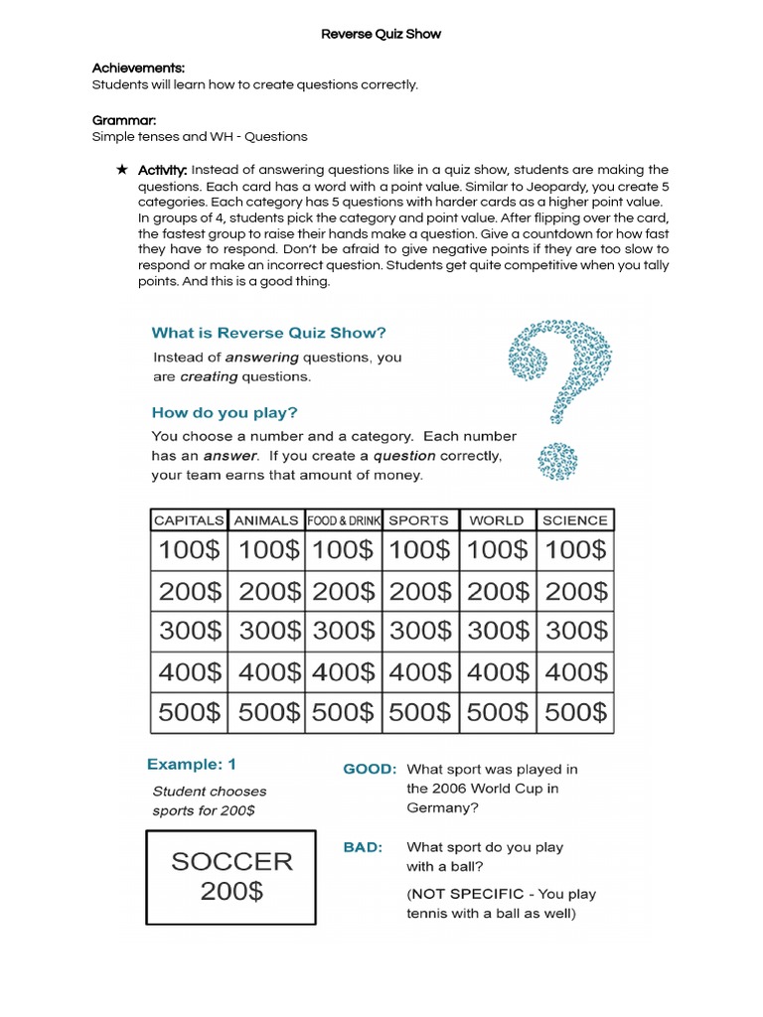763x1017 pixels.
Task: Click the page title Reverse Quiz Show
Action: tap(381, 34)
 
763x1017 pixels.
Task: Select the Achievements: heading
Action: tap(138, 68)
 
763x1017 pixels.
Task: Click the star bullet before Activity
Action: tap(122, 170)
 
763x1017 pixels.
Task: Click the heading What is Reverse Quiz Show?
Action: tap(267, 333)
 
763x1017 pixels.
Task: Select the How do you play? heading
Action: tap(224, 412)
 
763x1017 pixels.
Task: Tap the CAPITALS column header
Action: tap(189, 519)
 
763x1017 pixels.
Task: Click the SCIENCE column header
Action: tap(574, 519)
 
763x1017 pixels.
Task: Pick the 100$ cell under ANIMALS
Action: tap(266, 549)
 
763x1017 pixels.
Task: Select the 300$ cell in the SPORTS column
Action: tap(419, 631)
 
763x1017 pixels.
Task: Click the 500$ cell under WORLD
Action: tap(498, 712)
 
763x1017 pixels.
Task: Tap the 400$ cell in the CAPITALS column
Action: tap(190, 671)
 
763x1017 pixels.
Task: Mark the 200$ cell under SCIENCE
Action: tap(575, 591)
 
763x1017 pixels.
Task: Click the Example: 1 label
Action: tap(192, 764)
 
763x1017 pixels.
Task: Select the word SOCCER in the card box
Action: tap(231, 861)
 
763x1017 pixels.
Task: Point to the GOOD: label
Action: tap(370, 769)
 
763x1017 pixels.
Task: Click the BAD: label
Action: tap(362, 847)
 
